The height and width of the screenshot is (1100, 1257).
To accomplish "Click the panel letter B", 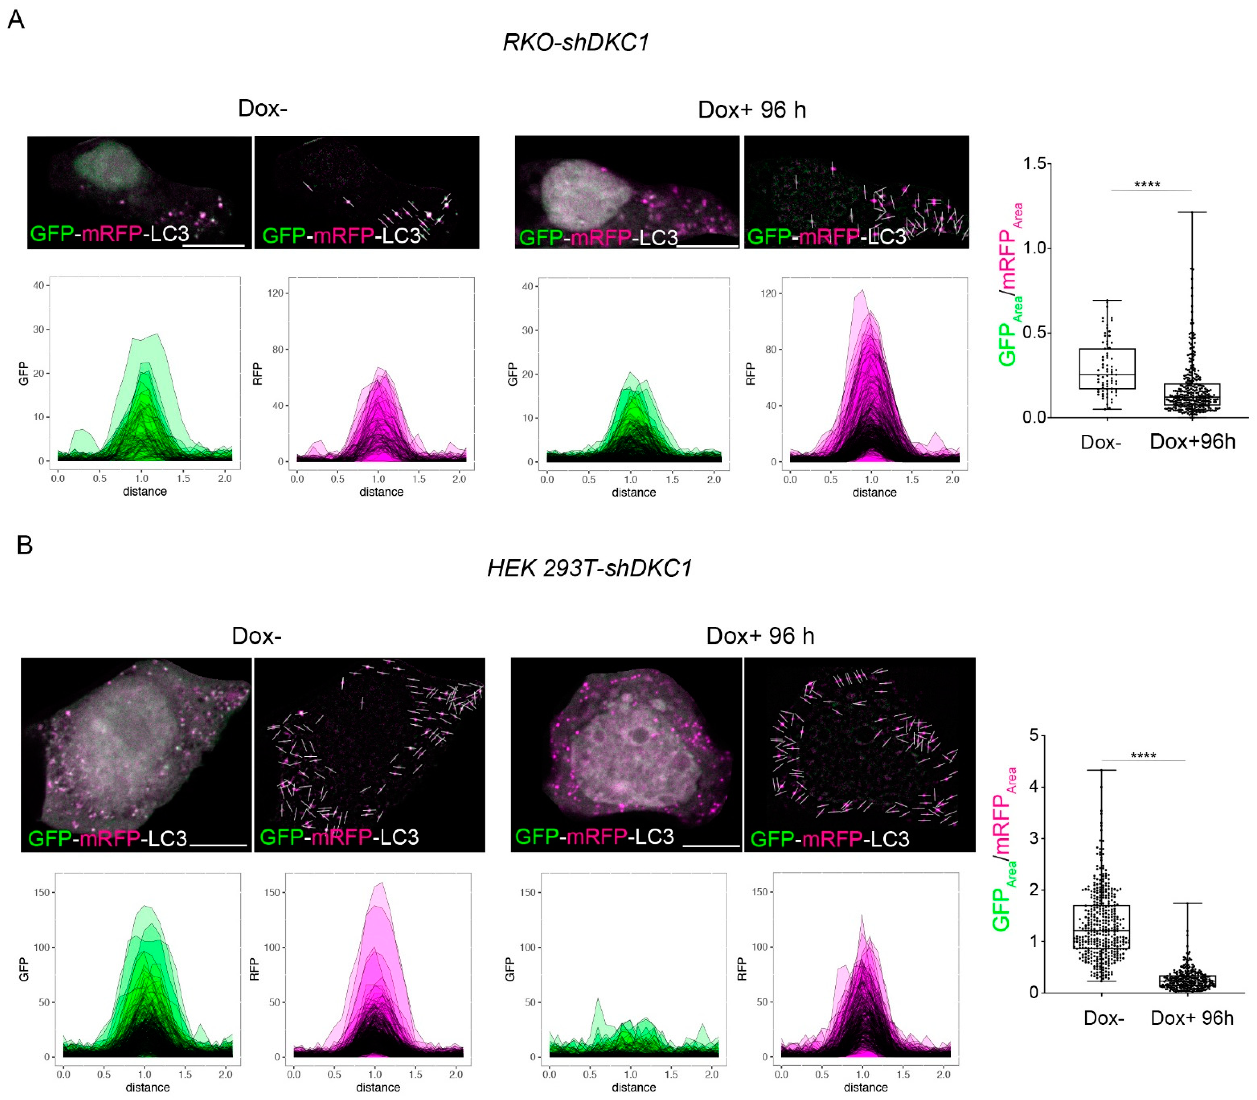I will (24, 544).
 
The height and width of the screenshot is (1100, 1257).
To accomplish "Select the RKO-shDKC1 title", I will (575, 42).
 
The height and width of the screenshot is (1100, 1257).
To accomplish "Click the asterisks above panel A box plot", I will (1146, 184).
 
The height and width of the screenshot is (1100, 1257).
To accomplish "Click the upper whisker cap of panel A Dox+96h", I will (1192, 213).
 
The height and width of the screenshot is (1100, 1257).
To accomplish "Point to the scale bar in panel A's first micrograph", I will (214, 246).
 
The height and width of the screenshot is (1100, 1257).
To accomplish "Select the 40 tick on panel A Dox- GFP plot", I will (38, 285).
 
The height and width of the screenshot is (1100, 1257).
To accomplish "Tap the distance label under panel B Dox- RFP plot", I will (378, 1087).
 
